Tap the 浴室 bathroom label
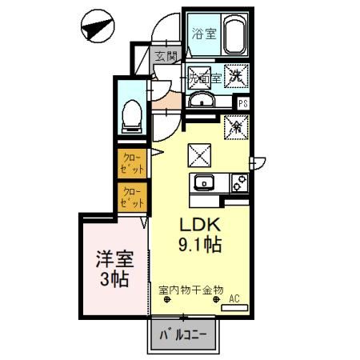coord(203,34)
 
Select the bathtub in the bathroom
coord(234,36)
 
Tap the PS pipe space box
coord(243,103)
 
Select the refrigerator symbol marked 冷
coord(237,126)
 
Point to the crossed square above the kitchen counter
coord(200,152)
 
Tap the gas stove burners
coord(238,182)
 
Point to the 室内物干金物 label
coord(190,290)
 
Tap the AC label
coord(235,299)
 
